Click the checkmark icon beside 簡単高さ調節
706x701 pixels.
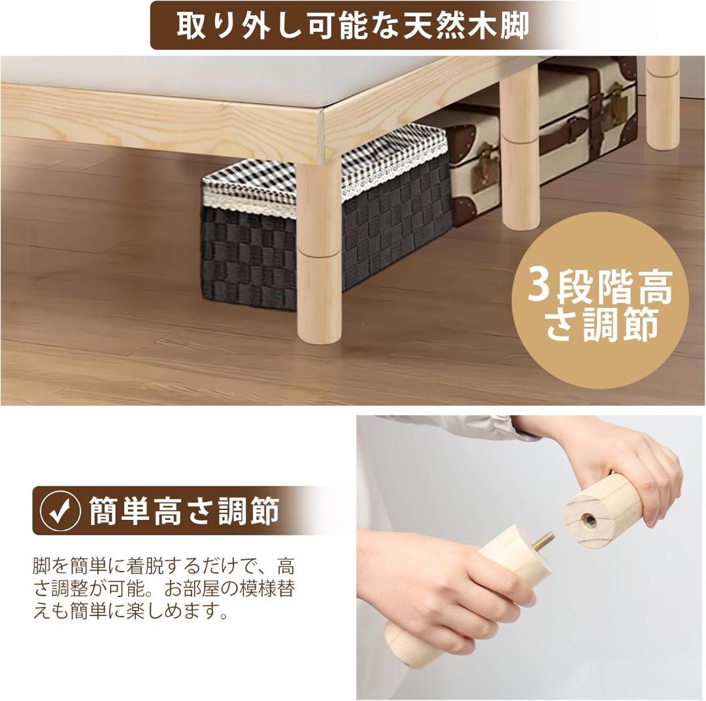point(61,511)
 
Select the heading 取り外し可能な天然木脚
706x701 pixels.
point(353,26)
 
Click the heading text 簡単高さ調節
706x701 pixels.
point(184,511)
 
